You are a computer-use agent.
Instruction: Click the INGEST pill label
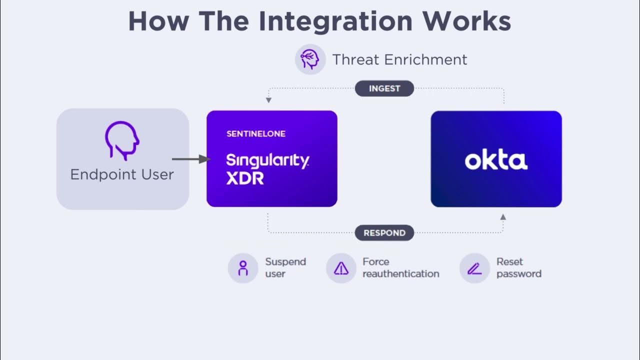point(384,88)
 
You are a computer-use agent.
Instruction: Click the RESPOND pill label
point(384,233)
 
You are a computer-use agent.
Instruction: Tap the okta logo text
point(496,160)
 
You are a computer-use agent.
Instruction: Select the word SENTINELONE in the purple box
point(255,134)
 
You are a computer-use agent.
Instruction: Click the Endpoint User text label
point(122,174)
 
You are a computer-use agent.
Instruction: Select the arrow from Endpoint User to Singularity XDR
point(190,159)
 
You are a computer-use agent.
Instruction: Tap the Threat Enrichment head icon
point(310,59)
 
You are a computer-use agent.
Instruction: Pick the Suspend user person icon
point(243,268)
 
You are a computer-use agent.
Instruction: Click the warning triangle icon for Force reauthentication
point(341,268)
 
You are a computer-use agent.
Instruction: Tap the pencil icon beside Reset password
point(474,268)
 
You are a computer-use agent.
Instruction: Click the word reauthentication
point(400,274)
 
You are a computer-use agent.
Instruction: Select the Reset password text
point(518,268)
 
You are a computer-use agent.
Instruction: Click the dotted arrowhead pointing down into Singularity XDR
point(268,100)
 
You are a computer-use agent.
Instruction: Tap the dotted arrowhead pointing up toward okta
point(503,217)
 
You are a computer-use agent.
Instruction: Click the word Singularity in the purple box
point(267,160)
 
